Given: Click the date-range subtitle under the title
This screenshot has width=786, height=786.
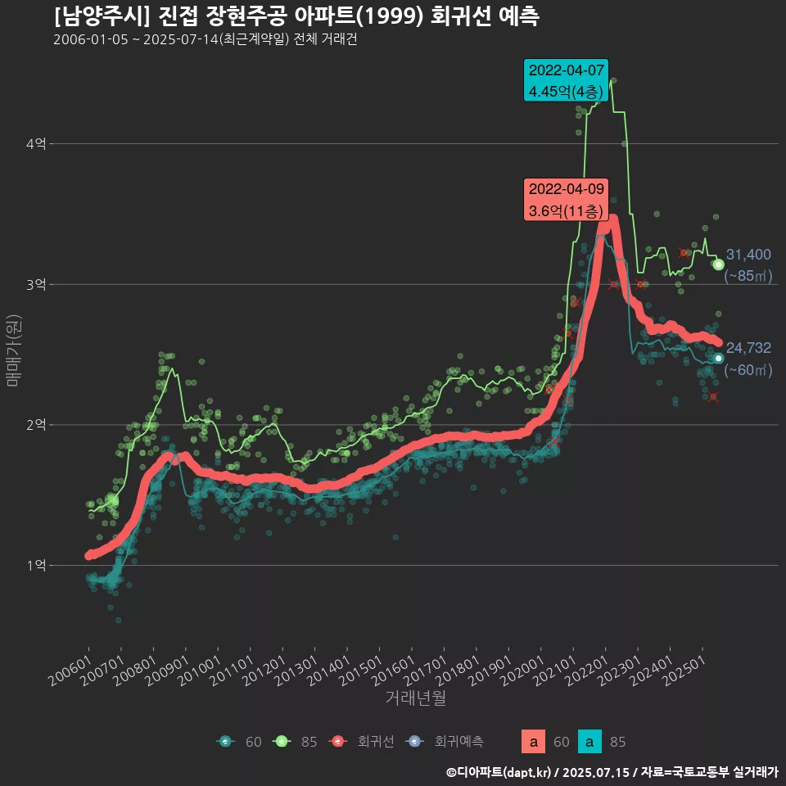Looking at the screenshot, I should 205,40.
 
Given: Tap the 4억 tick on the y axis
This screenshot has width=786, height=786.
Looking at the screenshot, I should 35,144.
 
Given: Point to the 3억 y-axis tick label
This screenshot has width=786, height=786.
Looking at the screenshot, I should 35,285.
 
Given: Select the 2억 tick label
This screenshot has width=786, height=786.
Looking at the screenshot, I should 35,425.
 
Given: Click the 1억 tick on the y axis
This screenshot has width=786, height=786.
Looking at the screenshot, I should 35,566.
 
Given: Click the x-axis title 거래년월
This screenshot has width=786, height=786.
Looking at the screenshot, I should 415,698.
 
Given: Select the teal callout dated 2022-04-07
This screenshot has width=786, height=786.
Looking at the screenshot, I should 567,80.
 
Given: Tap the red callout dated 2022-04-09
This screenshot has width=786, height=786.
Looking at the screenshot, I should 567,200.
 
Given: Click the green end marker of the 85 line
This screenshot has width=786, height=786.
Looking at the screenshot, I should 718,264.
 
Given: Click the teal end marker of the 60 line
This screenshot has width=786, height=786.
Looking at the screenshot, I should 718,358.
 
